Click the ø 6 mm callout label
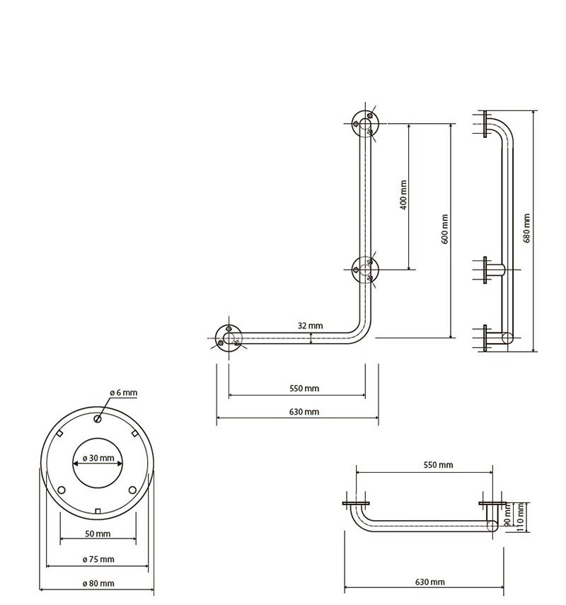pos(124,393)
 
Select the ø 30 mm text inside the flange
pos(98,458)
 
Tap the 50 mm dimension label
pos(98,534)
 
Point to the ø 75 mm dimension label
pos(98,559)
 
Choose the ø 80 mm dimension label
pos(98,583)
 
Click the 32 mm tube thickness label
pos(310,325)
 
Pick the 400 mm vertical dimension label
pos(403,195)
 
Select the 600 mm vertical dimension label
pos(444,229)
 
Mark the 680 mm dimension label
pos(526,228)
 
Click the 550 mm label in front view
pos(304,388)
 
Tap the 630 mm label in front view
pos(304,412)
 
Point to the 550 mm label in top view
pos(438,465)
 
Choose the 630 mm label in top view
pos(430,582)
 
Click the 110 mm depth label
pos(520,518)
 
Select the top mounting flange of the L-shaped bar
pos(365,123)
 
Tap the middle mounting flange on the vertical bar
pos(365,270)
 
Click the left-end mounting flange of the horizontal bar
pos(229,338)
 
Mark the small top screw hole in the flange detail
pos(98,419)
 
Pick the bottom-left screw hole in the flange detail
pos(62,490)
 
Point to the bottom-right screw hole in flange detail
pos(132,490)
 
